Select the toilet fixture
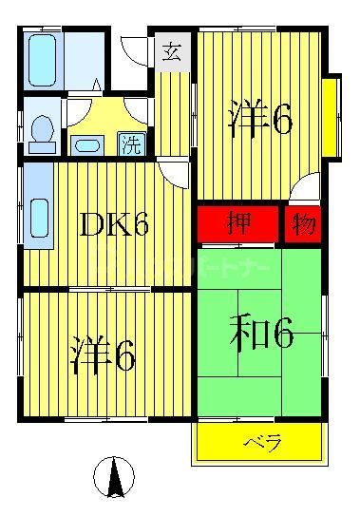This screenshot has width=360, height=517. click(43, 132)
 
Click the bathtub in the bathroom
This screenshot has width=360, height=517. click(43, 63)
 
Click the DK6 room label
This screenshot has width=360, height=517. click(114, 224)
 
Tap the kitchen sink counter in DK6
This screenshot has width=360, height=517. click(38, 218)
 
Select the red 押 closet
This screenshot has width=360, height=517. click(238, 225)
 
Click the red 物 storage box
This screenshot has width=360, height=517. click(303, 225)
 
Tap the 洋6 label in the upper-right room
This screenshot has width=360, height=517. click(259, 121)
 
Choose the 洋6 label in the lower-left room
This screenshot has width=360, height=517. click(103, 354)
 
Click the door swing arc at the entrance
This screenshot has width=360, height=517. click(138, 52)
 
